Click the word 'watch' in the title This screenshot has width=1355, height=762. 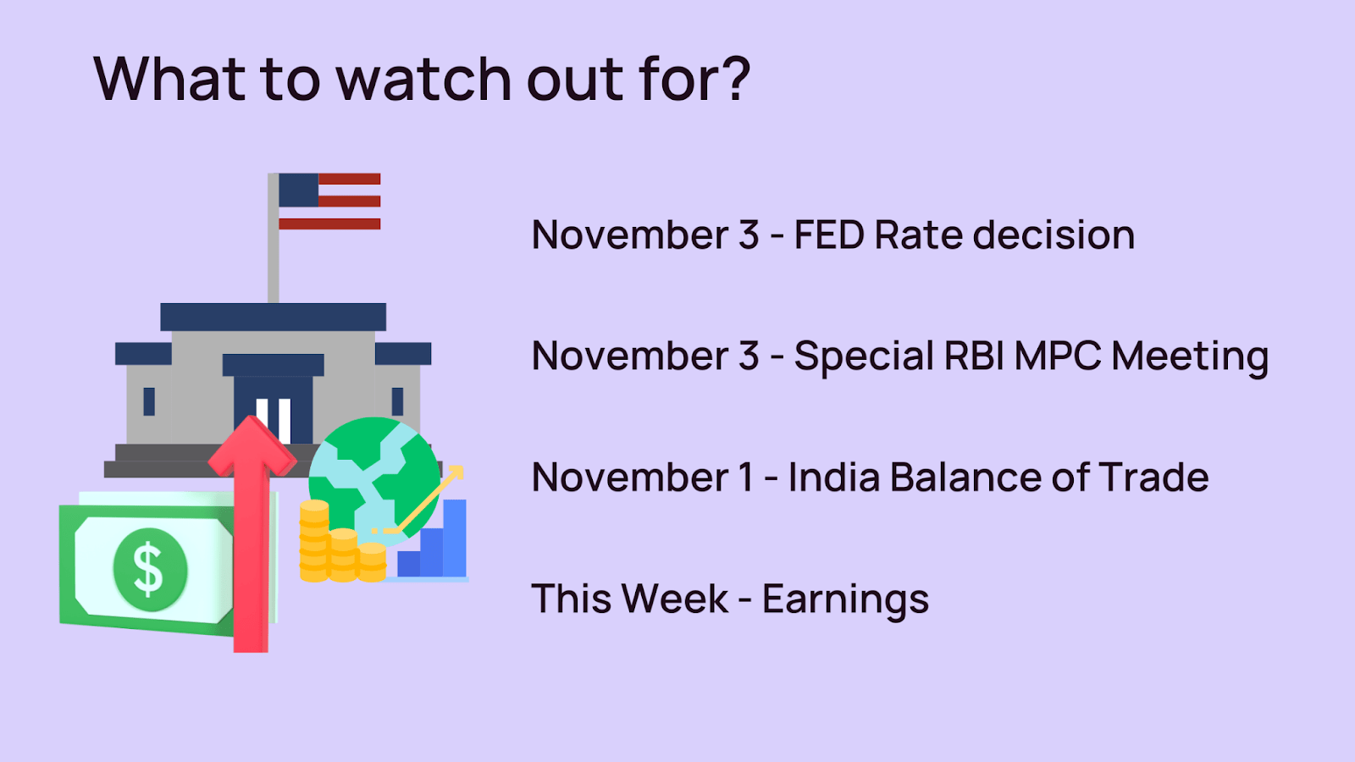[424, 79]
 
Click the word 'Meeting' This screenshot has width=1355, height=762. [1190, 356]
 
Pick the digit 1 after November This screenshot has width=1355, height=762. [746, 477]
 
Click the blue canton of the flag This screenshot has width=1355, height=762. [299, 190]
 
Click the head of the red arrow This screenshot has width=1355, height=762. [252, 445]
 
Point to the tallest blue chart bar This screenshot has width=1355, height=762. [455, 538]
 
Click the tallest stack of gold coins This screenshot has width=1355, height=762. [314, 541]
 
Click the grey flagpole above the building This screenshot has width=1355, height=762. [274, 238]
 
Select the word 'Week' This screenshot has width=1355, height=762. [674, 599]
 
